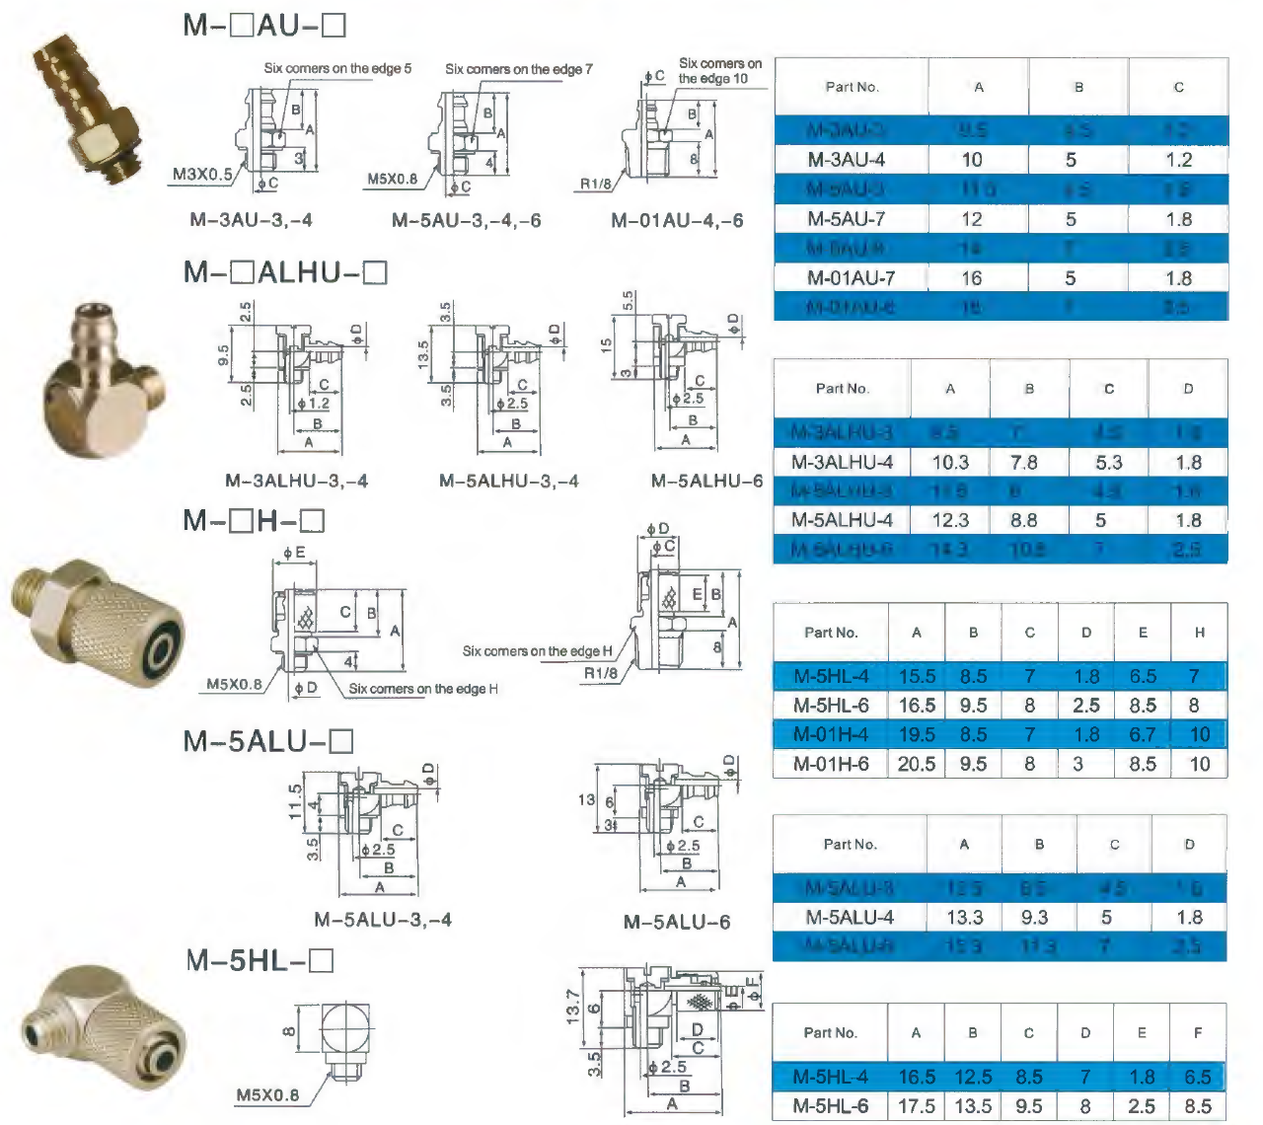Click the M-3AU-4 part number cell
(x=846, y=160)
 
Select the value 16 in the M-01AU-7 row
(x=972, y=278)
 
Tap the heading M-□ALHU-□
(x=286, y=272)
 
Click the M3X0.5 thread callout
(x=202, y=175)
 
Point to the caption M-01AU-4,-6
(x=677, y=220)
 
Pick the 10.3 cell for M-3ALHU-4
(x=950, y=462)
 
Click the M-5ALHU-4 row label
(x=842, y=520)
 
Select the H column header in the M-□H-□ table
(x=1199, y=633)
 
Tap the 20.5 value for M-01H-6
(x=916, y=764)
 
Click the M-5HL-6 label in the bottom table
(x=830, y=1106)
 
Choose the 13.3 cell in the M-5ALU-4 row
(x=964, y=918)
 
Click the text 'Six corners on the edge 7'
(x=519, y=69)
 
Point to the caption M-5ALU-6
(x=677, y=922)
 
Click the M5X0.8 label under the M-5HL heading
(x=267, y=1094)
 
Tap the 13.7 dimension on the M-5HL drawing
(x=572, y=1008)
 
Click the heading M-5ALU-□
(x=268, y=741)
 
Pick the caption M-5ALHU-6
(x=706, y=482)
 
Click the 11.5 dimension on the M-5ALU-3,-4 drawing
(x=294, y=801)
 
